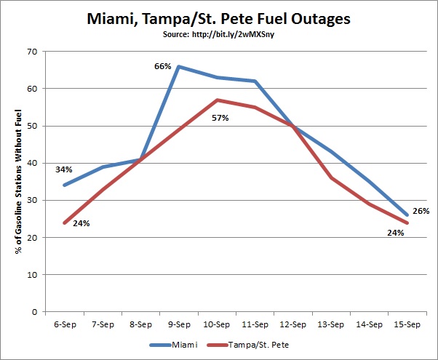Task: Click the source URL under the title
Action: click(219, 34)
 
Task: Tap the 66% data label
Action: click(162, 66)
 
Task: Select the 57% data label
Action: click(220, 117)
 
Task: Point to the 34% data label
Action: click(64, 169)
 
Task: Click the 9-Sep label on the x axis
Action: click(179, 323)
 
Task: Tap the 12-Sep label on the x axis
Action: click(292, 323)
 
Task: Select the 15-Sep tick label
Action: click(405, 323)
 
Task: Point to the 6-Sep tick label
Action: click(65, 323)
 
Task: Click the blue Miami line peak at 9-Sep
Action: click(179, 66)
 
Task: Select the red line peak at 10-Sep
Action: click(217, 100)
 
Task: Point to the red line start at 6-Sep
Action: click(65, 223)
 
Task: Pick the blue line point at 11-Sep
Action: click(255, 81)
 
